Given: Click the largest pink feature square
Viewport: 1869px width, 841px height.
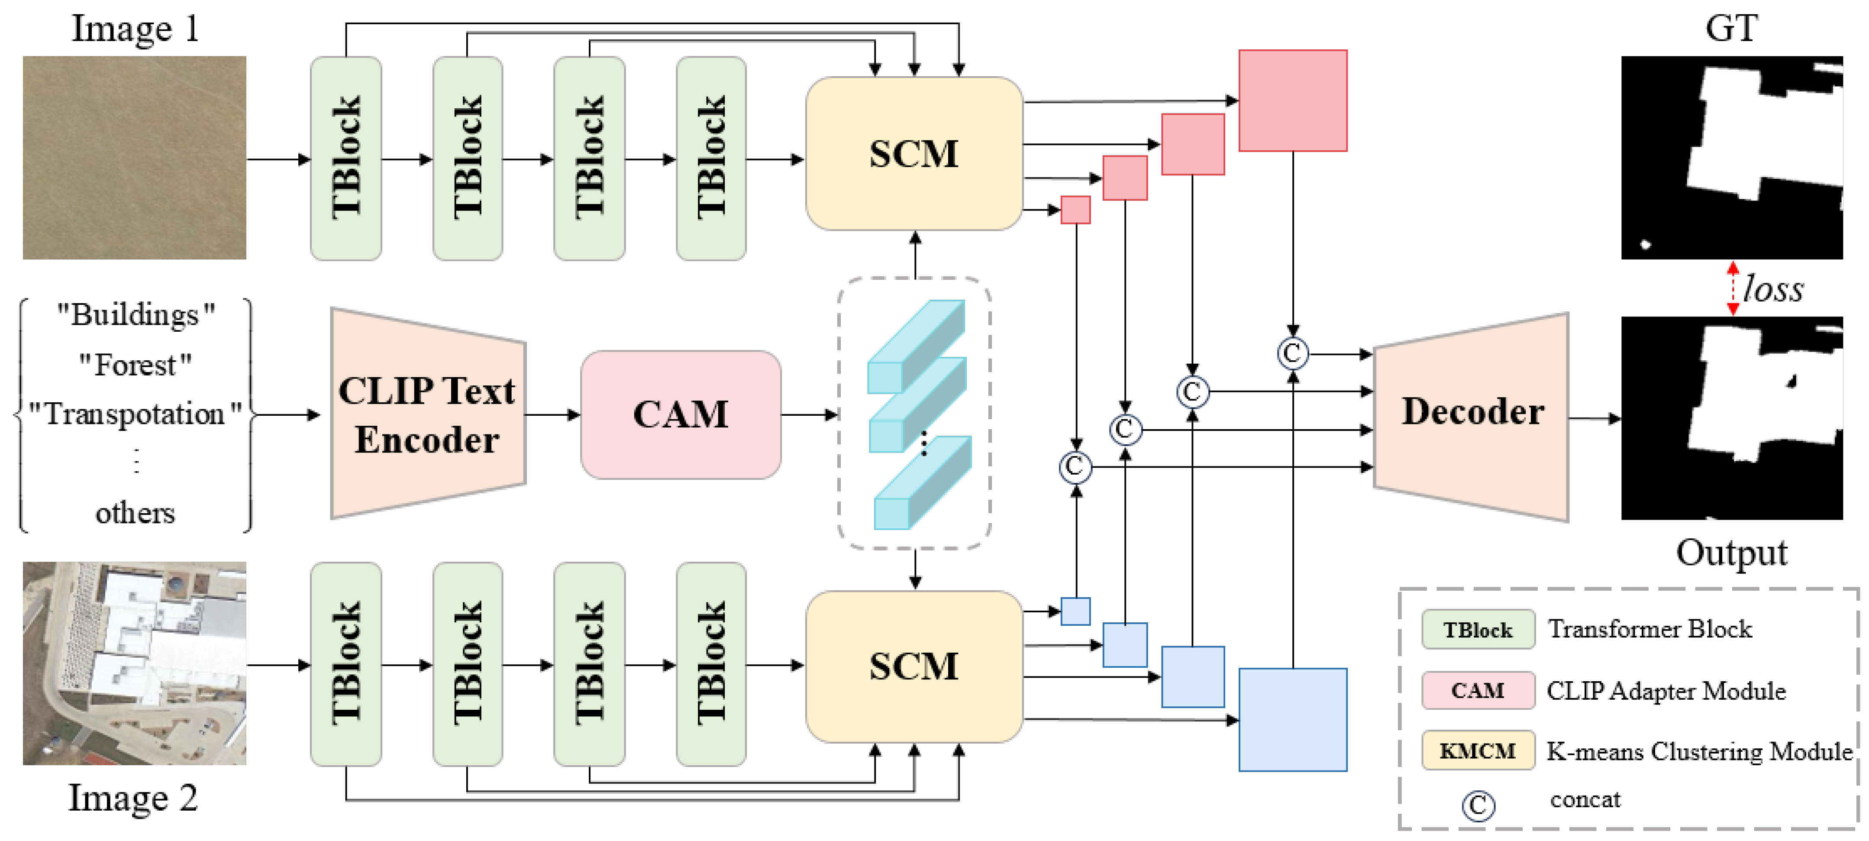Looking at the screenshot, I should click(x=1292, y=101).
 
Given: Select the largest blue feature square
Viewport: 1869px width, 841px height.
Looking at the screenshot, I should click(x=1292, y=719).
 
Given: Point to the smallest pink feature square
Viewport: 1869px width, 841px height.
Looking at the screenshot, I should click(x=1075, y=210).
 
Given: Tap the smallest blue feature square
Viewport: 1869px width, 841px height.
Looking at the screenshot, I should click(x=1075, y=611).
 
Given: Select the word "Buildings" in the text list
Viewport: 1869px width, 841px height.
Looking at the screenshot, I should click(x=136, y=315).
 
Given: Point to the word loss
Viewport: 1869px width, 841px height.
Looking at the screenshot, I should click(x=1773, y=289).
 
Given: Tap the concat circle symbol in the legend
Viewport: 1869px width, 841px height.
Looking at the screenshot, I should click(x=1478, y=805).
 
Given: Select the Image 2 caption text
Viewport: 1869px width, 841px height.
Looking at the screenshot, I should click(x=133, y=797).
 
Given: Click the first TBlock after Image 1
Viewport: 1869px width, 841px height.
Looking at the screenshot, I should click(x=346, y=158).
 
